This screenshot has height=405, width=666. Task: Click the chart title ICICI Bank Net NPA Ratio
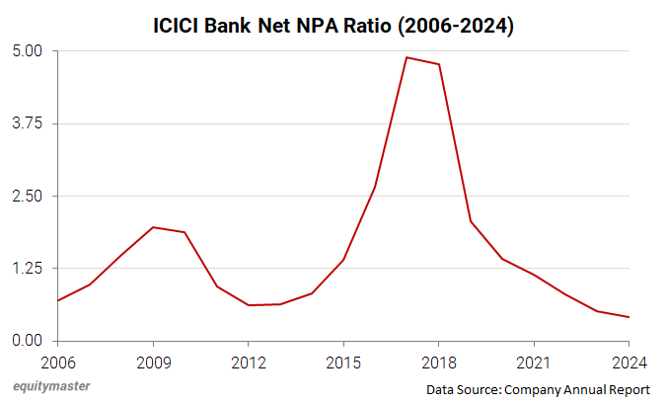tap(332, 26)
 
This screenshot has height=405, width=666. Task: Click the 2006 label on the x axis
tap(58, 362)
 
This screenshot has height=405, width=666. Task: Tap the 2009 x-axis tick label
tap(153, 362)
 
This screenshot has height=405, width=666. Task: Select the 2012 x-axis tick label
tap(248, 362)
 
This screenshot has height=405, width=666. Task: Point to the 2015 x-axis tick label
tap(343, 362)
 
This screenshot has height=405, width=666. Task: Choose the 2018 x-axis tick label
tap(438, 362)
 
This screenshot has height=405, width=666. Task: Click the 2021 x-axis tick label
tap(533, 362)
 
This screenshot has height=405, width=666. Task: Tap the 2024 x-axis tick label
tap(628, 362)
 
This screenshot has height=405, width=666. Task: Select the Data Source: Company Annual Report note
tap(538, 390)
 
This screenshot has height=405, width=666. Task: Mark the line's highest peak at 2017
tap(407, 57)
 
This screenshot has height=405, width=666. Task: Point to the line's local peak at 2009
tap(153, 227)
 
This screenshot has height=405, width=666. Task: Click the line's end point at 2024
tap(629, 317)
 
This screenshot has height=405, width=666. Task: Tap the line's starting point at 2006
tap(58, 300)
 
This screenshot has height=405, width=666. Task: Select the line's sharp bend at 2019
tap(470, 221)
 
